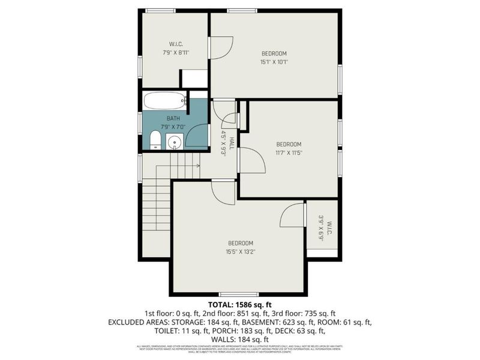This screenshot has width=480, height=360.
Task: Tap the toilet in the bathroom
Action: [155, 140]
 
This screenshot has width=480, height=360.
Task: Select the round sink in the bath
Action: [174, 142]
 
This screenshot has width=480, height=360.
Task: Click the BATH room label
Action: [173, 118]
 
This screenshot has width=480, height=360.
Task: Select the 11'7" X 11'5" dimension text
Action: [289, 152]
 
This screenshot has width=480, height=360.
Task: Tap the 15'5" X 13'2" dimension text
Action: [239, 251]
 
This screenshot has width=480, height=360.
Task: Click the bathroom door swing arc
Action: [196, 135]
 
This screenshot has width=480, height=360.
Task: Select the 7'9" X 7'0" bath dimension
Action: [173, 127]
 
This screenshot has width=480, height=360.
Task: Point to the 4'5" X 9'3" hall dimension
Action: [223, 143]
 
